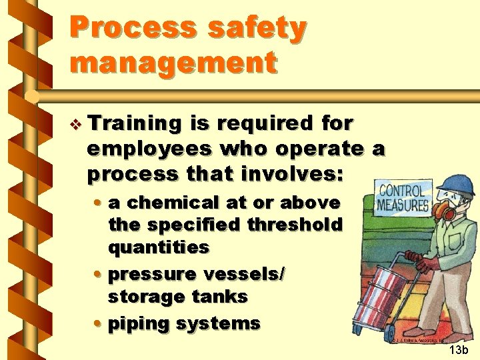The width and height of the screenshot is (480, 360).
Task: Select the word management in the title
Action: (x=173, y=63)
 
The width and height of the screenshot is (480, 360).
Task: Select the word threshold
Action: (x=295, y=225)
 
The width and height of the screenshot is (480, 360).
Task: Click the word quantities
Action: (x=158, y=247)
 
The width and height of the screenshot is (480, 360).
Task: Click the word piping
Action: (x=135, y=324)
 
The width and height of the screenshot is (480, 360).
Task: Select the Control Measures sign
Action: (x=403, y=197)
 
